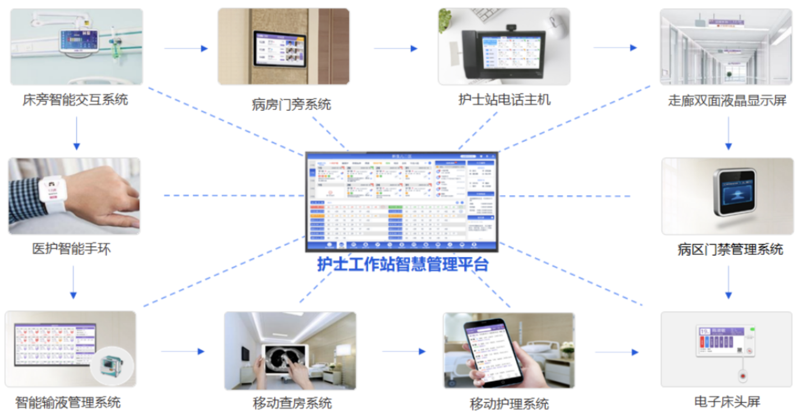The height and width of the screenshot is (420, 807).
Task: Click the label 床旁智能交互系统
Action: click(x=75, y=100)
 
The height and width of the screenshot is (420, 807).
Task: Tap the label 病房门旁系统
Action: click(x=291, y=104)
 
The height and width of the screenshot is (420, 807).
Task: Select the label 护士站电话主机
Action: click(x=505, y=100)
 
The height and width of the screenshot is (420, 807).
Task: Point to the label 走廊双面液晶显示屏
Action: click(x=727, y=101)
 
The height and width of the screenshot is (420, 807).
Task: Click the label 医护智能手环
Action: click(x=71, y=249)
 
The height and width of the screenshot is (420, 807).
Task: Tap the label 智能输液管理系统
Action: click(x=68, y=402)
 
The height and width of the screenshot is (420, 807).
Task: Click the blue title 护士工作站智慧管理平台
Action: click(x=403, y=264)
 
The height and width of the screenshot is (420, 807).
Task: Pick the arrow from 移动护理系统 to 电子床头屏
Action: click(x=617, y=353)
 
